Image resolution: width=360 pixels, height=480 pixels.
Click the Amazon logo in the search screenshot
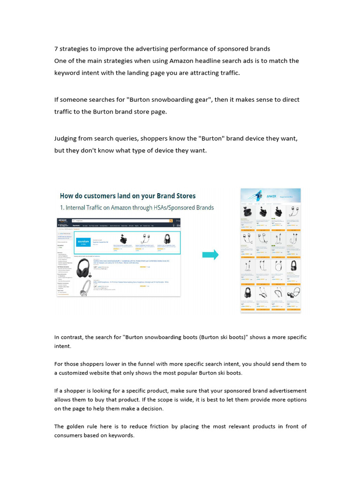62,220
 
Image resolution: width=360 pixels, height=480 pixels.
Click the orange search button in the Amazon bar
180,220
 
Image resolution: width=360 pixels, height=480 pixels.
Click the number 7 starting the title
56,49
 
